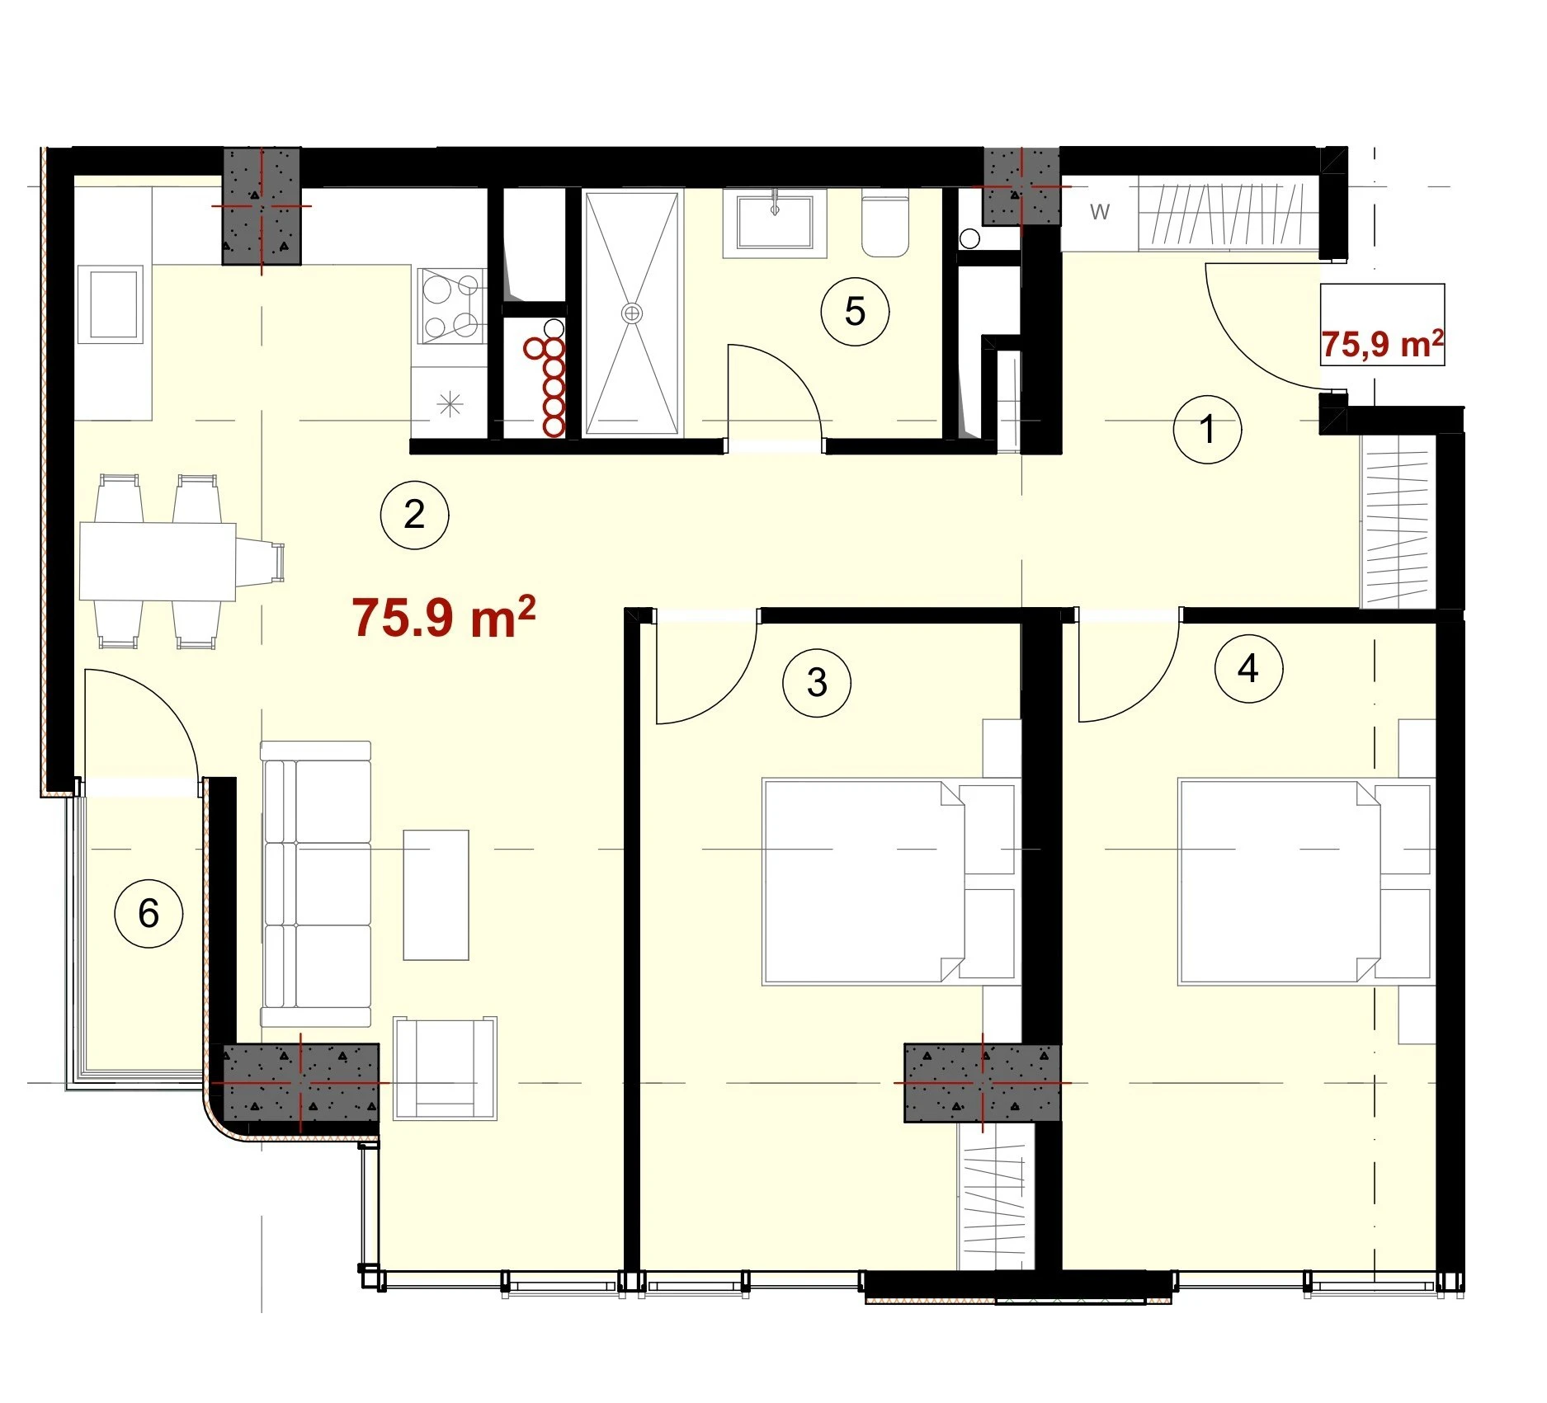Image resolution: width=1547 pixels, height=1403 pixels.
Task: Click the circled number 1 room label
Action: click(x=1207, y=429)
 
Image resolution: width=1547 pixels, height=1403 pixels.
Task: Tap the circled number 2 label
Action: click(x=414, y=515)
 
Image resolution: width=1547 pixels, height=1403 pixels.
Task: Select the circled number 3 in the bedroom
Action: click(x=817, y=682)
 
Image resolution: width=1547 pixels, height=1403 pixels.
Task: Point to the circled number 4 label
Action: click(x=1248, y=668)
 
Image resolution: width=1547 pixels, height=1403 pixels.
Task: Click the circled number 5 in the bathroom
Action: click(x=855, y=311)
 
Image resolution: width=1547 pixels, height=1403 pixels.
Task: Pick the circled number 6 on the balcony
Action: click(x=149, y=913)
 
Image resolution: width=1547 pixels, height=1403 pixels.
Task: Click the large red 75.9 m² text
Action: click(x=444, y=617)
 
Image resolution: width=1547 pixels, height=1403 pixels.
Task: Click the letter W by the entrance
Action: click(x=1100, y=212)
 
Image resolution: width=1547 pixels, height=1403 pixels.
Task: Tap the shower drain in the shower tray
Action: click(x=632, y=313)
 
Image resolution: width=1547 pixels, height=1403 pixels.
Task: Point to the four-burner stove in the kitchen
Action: click(x=451, y=305)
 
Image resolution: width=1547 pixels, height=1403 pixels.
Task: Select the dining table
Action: click(x=158, y=561)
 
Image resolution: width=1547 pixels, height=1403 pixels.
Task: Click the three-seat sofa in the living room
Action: click(x=316, y=884)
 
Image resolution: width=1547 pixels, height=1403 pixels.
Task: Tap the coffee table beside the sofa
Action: click(x=436, y=895)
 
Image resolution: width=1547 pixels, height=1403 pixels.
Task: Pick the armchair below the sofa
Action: click(x=446, y=1068)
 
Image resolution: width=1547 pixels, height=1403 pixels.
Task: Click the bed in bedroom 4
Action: click(x=1305, y=882)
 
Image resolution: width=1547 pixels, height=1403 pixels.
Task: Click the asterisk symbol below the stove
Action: click(x=450, y=404)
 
